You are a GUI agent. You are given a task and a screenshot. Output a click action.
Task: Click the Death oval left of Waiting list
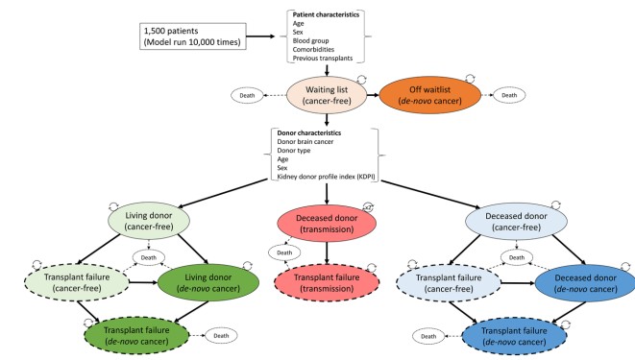pos(249,95)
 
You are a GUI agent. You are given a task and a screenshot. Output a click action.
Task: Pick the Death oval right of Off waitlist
pos(510,95)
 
